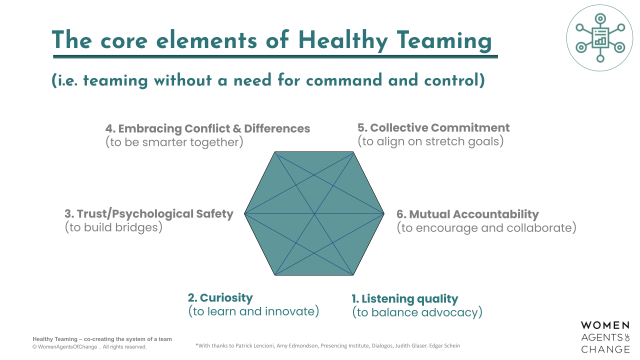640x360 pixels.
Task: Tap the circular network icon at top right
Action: (x=599, y=37)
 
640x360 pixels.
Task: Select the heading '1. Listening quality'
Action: (x=404, y=299)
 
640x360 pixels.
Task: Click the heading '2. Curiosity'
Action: (x=220, y=298)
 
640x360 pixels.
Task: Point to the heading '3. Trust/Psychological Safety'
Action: (x=149, y=214)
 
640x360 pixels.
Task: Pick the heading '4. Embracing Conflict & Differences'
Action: (x=207, y=128)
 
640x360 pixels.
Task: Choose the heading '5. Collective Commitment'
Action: (x=433, y=127)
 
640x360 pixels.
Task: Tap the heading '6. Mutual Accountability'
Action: (x=467, y=214)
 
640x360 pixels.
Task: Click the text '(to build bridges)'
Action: (x=114, y=227)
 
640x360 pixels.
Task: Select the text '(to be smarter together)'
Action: (x=174, y=142)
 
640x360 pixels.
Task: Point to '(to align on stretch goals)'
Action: (x=430, y=141)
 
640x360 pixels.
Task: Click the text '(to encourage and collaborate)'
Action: (x=486, y=228)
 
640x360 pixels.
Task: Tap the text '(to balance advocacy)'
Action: (x=417, y=312)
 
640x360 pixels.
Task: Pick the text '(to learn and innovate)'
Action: (x=253, y=311)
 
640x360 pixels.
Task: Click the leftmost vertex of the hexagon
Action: (x=244, y=214)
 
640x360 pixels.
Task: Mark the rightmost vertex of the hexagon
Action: (x=384, y=214)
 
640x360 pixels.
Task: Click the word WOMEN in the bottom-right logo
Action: (x=605, y=326)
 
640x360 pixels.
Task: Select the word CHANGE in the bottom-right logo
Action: (x=605, y=349)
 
